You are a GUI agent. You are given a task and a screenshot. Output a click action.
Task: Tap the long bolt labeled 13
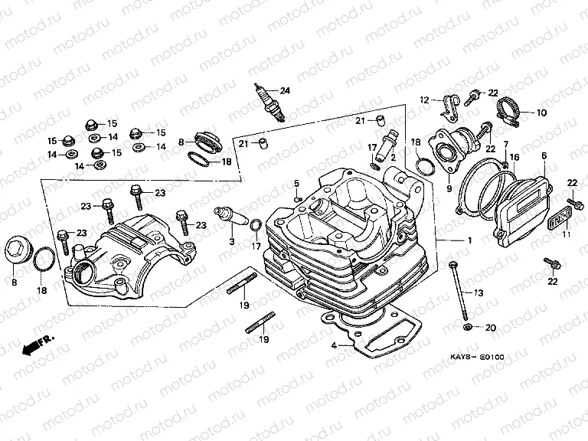tap(459, 292)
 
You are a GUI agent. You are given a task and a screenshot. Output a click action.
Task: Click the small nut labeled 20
tap(469, 328)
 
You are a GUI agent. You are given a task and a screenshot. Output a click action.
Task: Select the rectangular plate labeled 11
tap(559, 217)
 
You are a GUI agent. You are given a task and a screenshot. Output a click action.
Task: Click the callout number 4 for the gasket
tap(334, 345)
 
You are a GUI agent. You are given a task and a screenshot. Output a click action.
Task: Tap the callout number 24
tap(285, 90)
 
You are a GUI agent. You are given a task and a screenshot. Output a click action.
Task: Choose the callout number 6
tap(544, 155)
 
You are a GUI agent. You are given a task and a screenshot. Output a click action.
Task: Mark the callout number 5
tap(296, 182)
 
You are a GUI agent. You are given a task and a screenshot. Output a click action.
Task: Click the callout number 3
tap(230, 241)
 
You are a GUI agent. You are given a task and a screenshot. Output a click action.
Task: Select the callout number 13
tap(479, 293)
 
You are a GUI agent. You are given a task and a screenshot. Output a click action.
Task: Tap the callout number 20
tap(492, 328)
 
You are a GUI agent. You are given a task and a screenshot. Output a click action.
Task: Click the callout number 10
tap(541, 113)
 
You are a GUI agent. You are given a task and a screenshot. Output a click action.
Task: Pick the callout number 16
tap(515, 156)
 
